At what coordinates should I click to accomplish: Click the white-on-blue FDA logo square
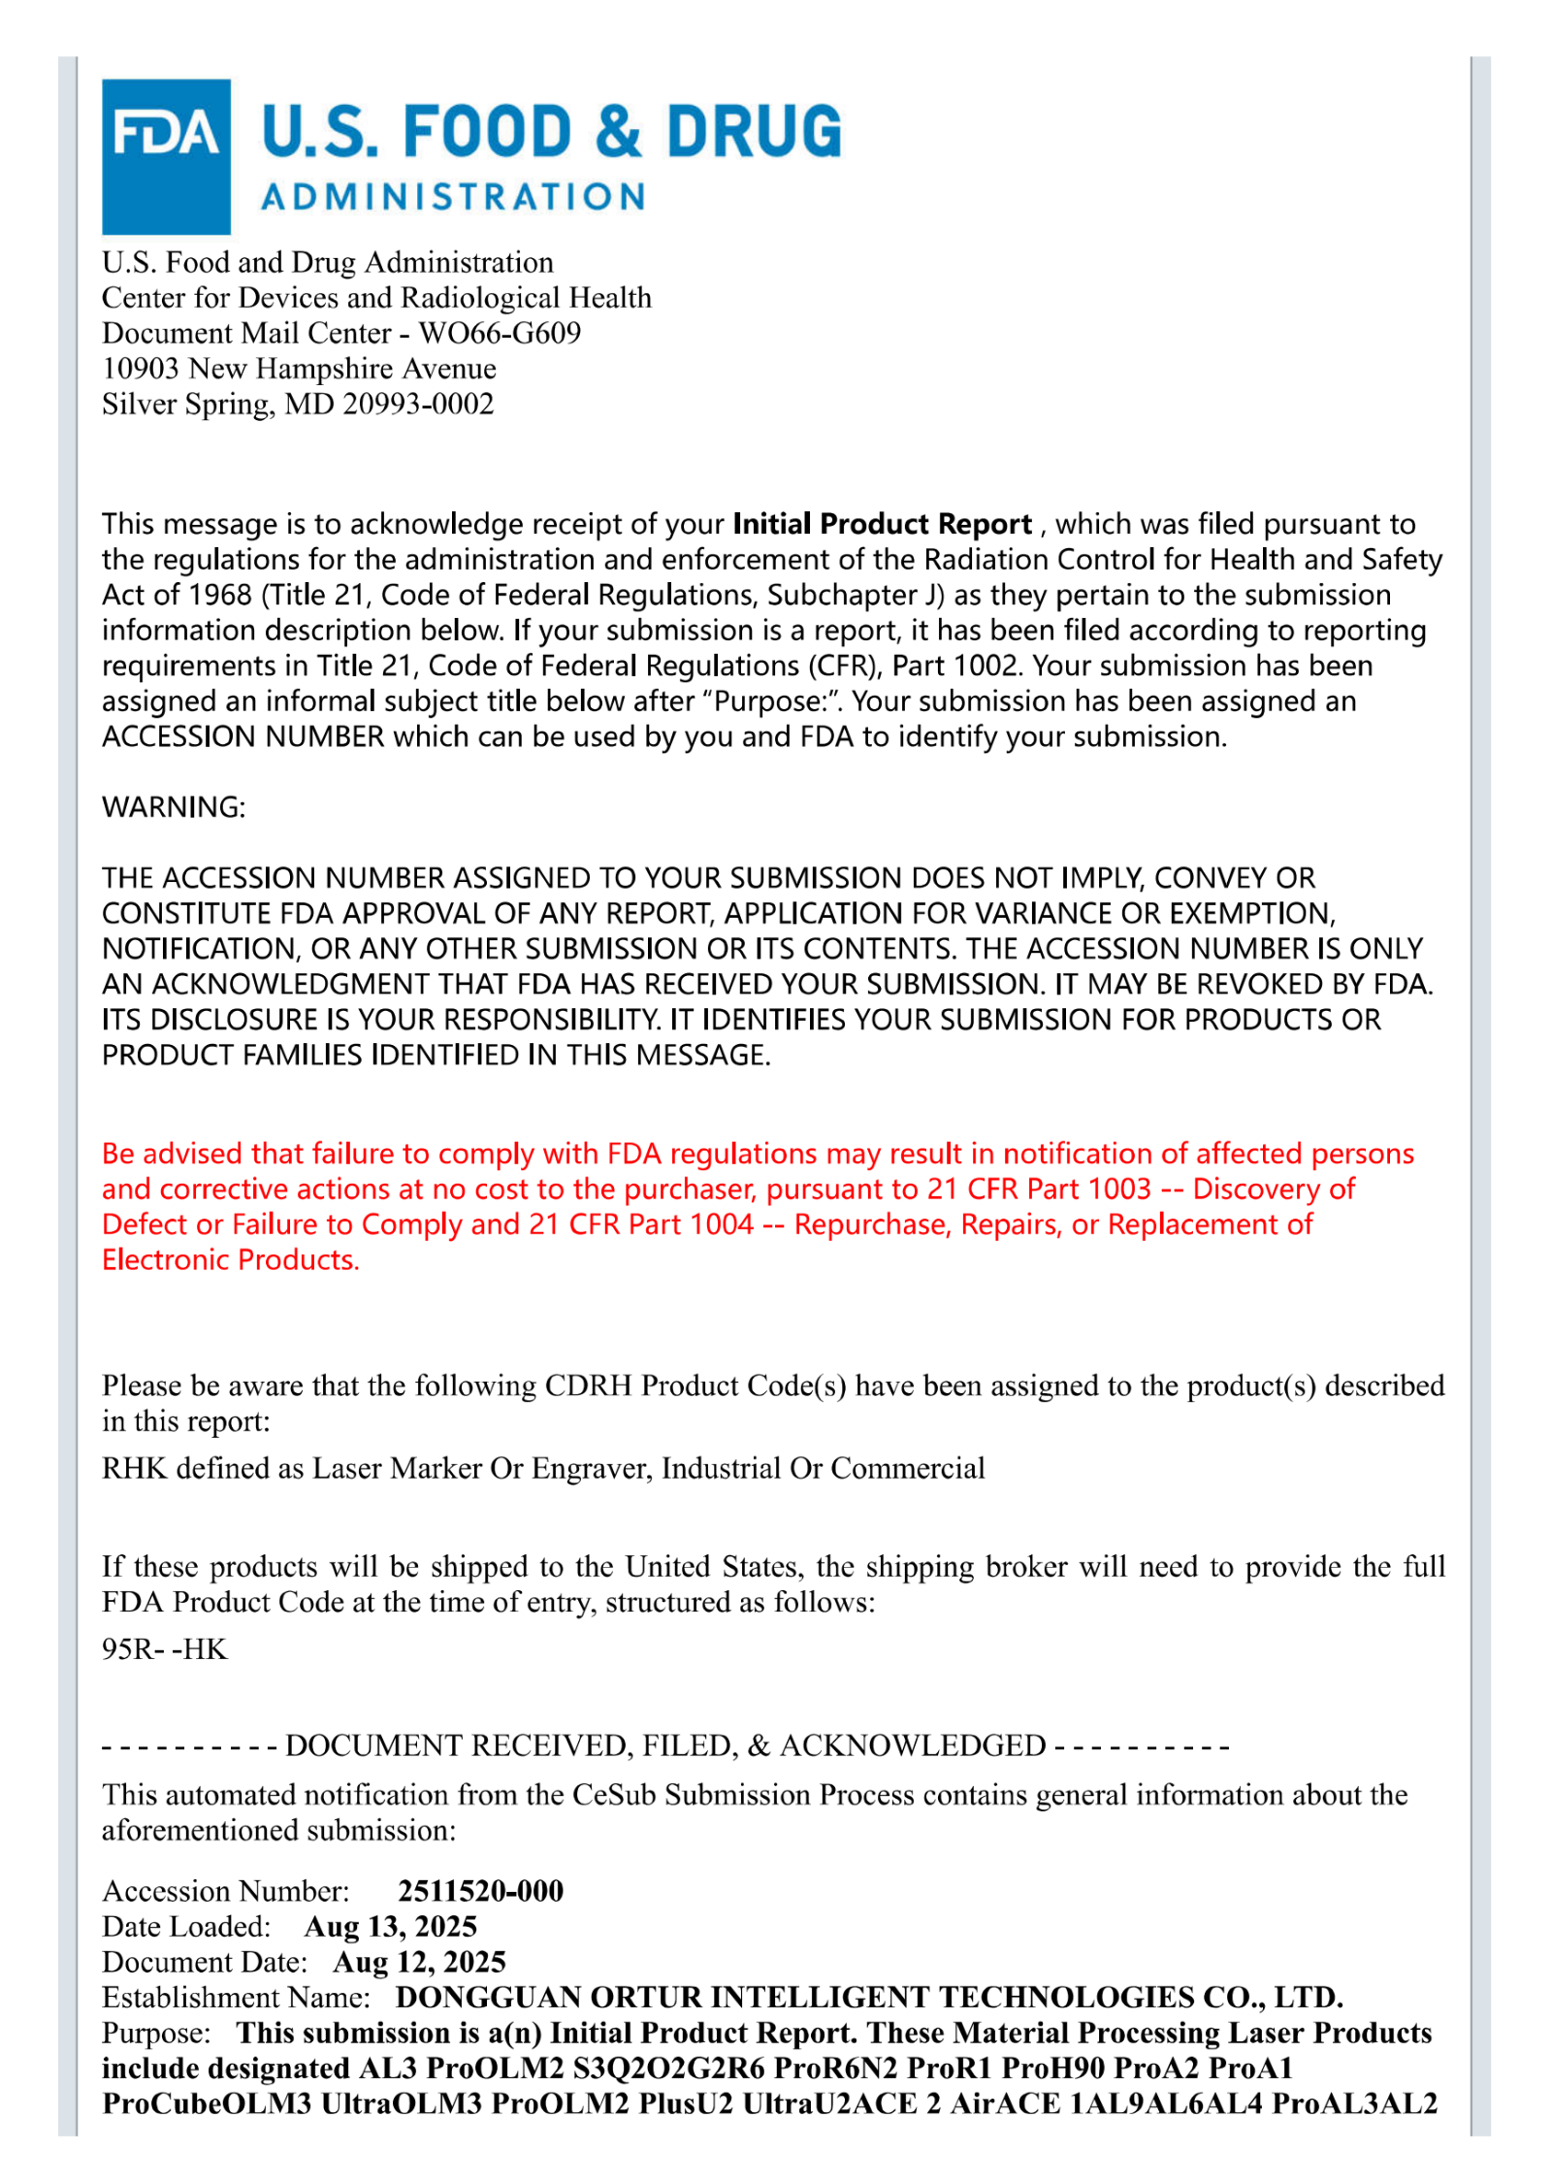(x=165, y=155)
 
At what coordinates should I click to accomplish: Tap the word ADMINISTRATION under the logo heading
(x=453, y=197)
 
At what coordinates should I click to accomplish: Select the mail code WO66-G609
(x=500, y=333)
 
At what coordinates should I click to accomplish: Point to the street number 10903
(x=141, y=369)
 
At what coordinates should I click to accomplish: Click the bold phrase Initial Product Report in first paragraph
(x=882, y=524)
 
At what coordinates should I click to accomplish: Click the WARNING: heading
(x=174, y=807)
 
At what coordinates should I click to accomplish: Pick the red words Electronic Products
(x=231, y=1259)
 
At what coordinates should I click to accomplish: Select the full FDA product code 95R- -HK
(x=165, y=1649)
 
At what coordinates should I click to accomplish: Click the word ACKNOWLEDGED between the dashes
(x=913, y=1745)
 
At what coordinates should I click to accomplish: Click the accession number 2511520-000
(x=480, y=1891)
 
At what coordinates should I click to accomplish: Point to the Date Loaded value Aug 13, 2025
(x=390, y=1926)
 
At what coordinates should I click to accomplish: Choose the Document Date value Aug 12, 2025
(x=419, y=1962)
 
